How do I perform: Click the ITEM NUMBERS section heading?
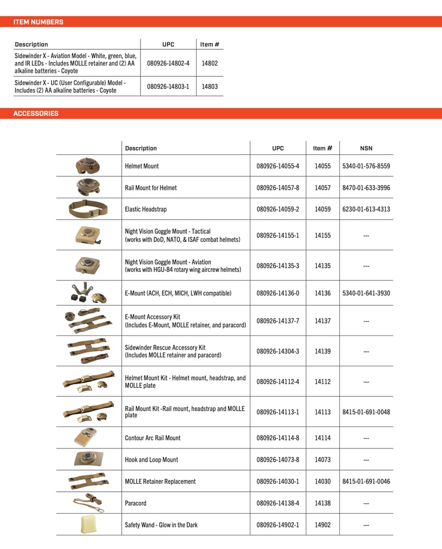coord(38,22)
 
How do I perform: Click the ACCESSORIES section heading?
coord(36,114)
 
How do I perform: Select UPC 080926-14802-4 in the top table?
coord(168,63)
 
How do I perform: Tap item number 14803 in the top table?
coord(210,86)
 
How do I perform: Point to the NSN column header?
coord(366,148)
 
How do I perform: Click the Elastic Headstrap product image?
coord(88,209)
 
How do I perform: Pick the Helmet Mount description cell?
coord(142,166)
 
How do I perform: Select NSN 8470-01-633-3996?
coord(366,188)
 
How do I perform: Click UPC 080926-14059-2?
coord(278,209)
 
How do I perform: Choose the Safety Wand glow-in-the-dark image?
coord(88,524)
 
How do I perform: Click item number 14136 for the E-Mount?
coord(322,293)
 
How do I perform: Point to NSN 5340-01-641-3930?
coord(366,293)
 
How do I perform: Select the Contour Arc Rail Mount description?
coord(153,438)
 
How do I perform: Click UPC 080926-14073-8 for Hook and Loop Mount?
coord(278,460)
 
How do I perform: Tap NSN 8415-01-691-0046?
coord(366,481)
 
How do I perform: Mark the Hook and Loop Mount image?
coord(88,459)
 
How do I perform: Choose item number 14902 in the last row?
coord(322,525)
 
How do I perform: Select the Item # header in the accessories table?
coord(322,148)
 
